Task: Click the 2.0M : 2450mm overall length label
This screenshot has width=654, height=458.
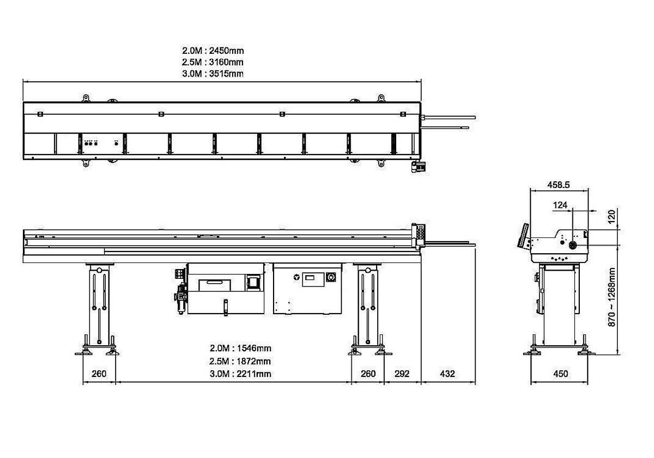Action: point(213,51)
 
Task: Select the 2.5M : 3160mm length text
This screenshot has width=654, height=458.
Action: point(213,62)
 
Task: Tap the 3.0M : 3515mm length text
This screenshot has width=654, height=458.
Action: point(213,74)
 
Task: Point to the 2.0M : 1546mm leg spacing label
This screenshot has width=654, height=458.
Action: point(240,348)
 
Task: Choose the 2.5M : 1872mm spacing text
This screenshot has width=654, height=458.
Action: point(240,361)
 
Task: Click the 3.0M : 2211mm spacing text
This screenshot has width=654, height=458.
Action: point(240,374)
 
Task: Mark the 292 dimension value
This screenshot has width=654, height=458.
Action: point(402,374)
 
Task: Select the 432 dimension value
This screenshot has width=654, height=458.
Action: point(447,374)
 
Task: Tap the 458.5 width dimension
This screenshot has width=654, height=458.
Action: point(558,185)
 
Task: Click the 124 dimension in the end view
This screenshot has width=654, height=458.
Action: point(560,205)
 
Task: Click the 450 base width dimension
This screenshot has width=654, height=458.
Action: point(560,374)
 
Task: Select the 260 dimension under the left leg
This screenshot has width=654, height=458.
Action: point(99,374)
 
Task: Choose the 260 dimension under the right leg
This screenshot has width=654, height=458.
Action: point(368,374)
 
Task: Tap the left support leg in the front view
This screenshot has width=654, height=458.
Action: point(99,305)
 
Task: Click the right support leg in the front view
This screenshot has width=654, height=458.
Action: point(368,305)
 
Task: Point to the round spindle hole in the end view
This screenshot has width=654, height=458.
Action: point(573,246)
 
